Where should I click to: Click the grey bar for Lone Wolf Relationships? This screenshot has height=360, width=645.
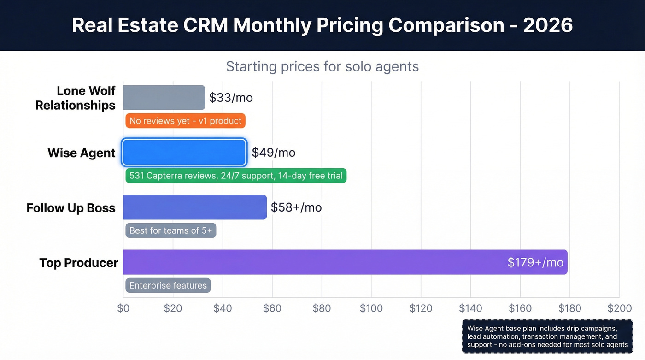click(164, 97)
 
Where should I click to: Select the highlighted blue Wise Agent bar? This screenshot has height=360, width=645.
click(184, 153)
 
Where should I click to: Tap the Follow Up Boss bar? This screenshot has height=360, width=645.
click(194, 207)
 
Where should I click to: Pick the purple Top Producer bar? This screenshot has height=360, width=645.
click(313, 262)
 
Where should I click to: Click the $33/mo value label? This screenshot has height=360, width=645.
click(231, 98)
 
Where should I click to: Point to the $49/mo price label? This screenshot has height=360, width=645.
click(274, 153)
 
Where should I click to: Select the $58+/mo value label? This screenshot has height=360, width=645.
click(296, 207)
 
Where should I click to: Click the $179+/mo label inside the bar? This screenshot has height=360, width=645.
click(535, 262)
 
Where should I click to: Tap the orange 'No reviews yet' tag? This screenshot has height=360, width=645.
click(185, 121)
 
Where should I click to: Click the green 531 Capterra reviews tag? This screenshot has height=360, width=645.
click(236, 176)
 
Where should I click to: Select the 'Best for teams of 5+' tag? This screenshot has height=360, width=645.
click(170, 230)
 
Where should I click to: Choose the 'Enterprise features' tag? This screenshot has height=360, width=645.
click(168, 285)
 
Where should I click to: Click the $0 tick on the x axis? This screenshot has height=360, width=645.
click(123, 308)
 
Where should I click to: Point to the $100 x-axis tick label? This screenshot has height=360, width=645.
click(371, 308)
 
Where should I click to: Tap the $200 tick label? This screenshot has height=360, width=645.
click(619, 308)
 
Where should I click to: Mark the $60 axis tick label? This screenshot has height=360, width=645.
click(272, 308)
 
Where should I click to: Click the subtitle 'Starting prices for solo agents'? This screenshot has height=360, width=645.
click(322, 66)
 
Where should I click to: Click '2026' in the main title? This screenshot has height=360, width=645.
click(548, 25)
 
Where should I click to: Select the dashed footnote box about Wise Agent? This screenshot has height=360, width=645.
click(547, 336)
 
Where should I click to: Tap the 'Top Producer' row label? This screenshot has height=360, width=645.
click(79, 263)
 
